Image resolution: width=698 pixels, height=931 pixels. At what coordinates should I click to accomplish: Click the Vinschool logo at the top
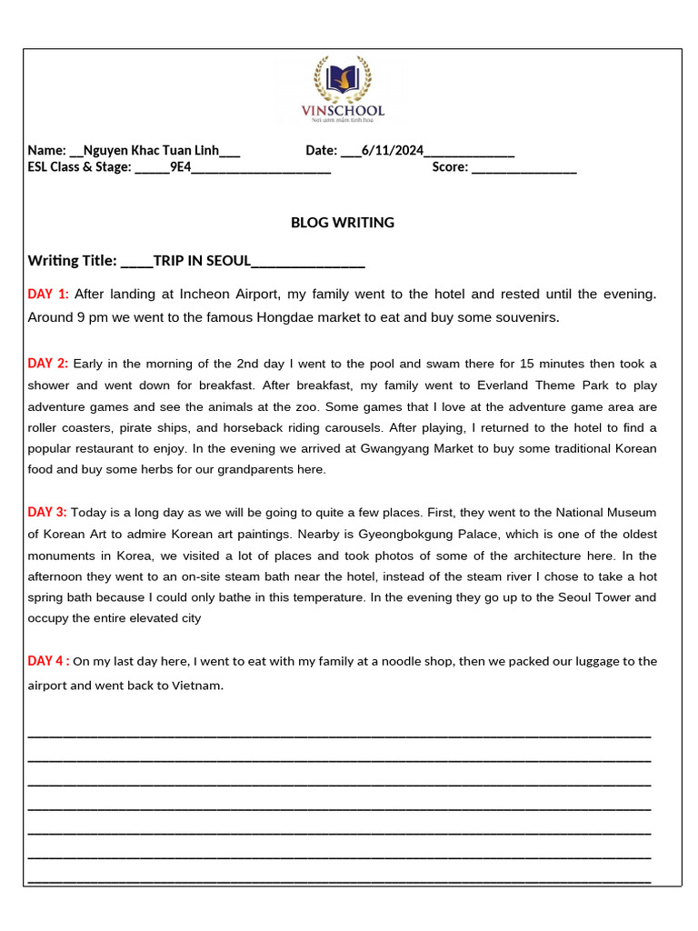(x=343, y=88)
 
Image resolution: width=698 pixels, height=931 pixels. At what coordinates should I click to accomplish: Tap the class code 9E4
(x=180, y=166)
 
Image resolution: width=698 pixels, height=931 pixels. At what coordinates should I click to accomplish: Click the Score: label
(x=450, y=166)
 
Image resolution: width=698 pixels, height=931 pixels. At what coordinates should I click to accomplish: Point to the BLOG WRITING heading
(x=343, y=223)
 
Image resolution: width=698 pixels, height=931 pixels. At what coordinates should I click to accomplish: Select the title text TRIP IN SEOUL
(x=202, y=261)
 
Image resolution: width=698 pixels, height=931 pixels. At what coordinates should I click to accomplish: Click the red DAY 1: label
(x=48, y=294)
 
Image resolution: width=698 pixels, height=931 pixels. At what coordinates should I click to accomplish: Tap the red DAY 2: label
(x=48, y=364)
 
